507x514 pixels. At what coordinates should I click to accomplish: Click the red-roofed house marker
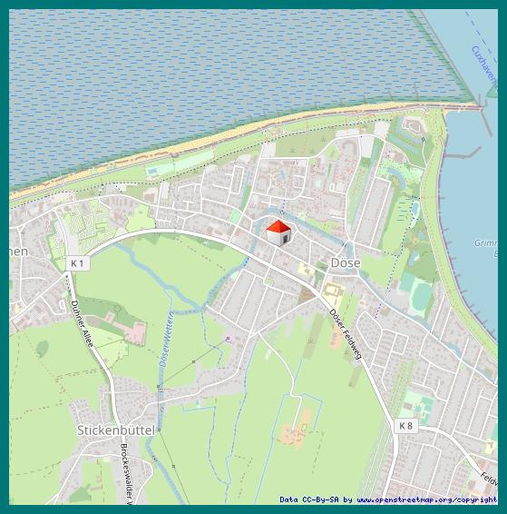pos(278,232)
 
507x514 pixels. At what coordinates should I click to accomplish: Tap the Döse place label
pos(346,262)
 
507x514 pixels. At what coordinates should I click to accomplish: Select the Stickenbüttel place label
pos(112,429)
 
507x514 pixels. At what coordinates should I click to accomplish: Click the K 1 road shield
pos(77,263)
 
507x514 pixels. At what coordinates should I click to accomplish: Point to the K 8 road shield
pos(405,425)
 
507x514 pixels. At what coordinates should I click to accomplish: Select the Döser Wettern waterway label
pos(166,338)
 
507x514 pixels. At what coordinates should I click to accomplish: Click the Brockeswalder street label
pos(126,473)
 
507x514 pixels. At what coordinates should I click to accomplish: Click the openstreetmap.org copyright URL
pos(426,499)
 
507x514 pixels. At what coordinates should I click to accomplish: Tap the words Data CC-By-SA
pos(308,499)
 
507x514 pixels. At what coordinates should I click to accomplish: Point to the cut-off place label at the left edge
pos(18,251)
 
